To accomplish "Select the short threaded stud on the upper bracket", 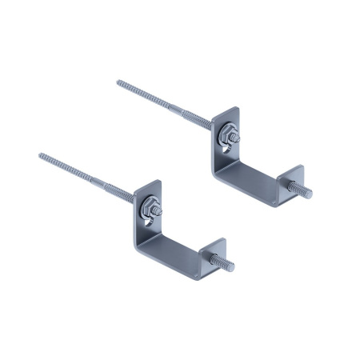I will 305,190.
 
